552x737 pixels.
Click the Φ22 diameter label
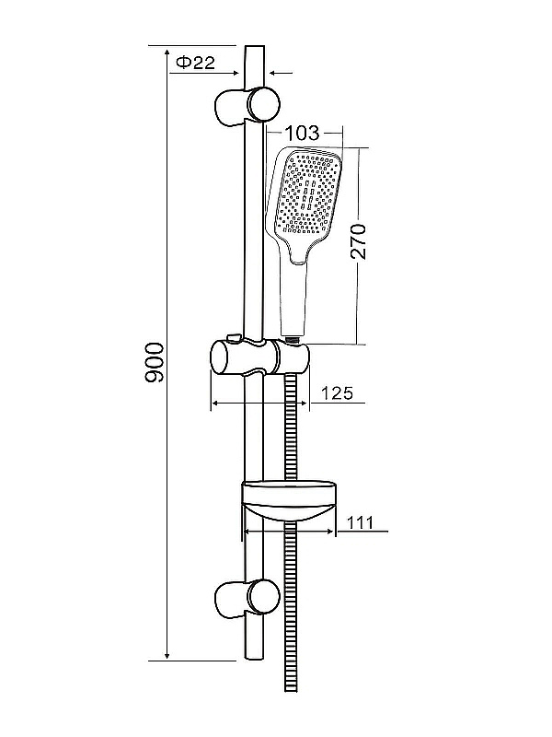195,62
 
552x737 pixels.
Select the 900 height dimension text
155,362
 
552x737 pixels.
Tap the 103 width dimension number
303,133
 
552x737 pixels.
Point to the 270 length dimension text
358,241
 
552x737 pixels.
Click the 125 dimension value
337,393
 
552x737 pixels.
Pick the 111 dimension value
360,522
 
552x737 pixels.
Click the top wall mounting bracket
247,106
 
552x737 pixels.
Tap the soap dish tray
289,500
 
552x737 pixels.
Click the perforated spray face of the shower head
307,193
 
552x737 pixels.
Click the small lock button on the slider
234,338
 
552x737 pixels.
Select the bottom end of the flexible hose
292,688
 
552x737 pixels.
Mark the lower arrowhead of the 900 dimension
167,656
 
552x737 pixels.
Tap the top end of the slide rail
255,47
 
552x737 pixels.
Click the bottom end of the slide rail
255,658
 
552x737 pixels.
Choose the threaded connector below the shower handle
293,338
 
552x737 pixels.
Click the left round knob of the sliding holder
222,357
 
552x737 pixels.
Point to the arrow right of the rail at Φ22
281,74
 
